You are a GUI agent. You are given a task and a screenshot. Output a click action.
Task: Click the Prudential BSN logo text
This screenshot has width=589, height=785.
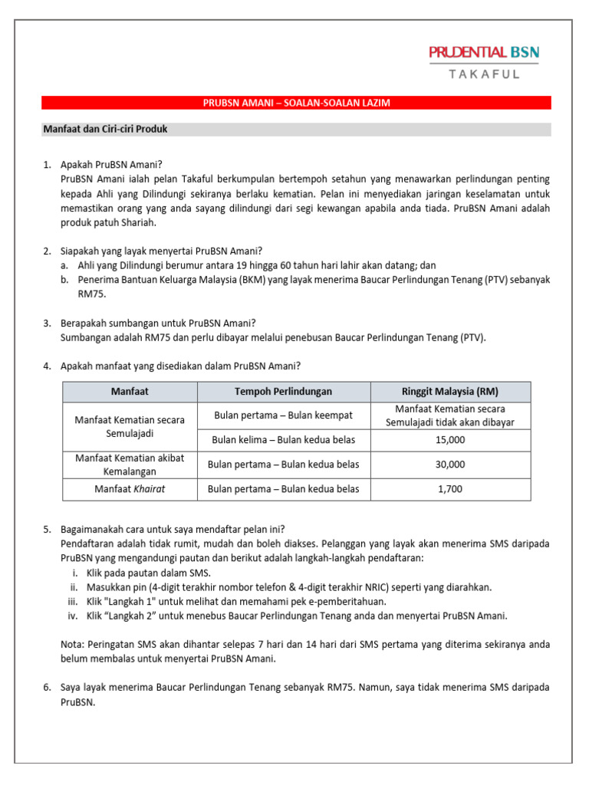pyautogui.click(x=484, y=52)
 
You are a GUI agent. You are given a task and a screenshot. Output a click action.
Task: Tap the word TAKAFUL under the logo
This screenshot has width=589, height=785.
pyautogui.click(x=484, y=74)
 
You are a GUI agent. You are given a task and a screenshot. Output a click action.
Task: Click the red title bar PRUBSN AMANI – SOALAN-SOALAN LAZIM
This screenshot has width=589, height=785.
pyautogui.click(x=295, y=103)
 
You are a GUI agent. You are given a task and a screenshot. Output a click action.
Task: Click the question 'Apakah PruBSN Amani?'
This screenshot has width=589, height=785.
pyautogui.click(x=112, y=165)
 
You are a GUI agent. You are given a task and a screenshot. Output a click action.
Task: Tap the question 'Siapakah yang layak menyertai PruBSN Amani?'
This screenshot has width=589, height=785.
pyautogui.click(x=161, y=251)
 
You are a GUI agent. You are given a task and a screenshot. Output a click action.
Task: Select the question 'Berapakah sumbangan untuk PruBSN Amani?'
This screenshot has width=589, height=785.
pyautogui.click(x=158, y=323)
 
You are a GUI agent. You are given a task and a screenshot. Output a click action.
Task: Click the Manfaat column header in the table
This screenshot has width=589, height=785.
pyautogui.click(x=130, y=391)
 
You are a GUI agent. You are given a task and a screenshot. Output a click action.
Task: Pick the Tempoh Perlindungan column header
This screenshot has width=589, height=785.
pyautogui.click(x=283, y=391)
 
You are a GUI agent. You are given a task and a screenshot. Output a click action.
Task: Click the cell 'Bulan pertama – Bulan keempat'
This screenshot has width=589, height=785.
pyautogui.click(x=283, y=415)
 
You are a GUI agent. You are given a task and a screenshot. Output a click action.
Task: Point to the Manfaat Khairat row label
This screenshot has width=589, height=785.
pyautogui.click(x=130, y=489)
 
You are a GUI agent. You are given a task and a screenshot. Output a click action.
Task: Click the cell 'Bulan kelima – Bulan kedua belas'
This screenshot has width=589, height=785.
pyautogui.click(x=283, y=440)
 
